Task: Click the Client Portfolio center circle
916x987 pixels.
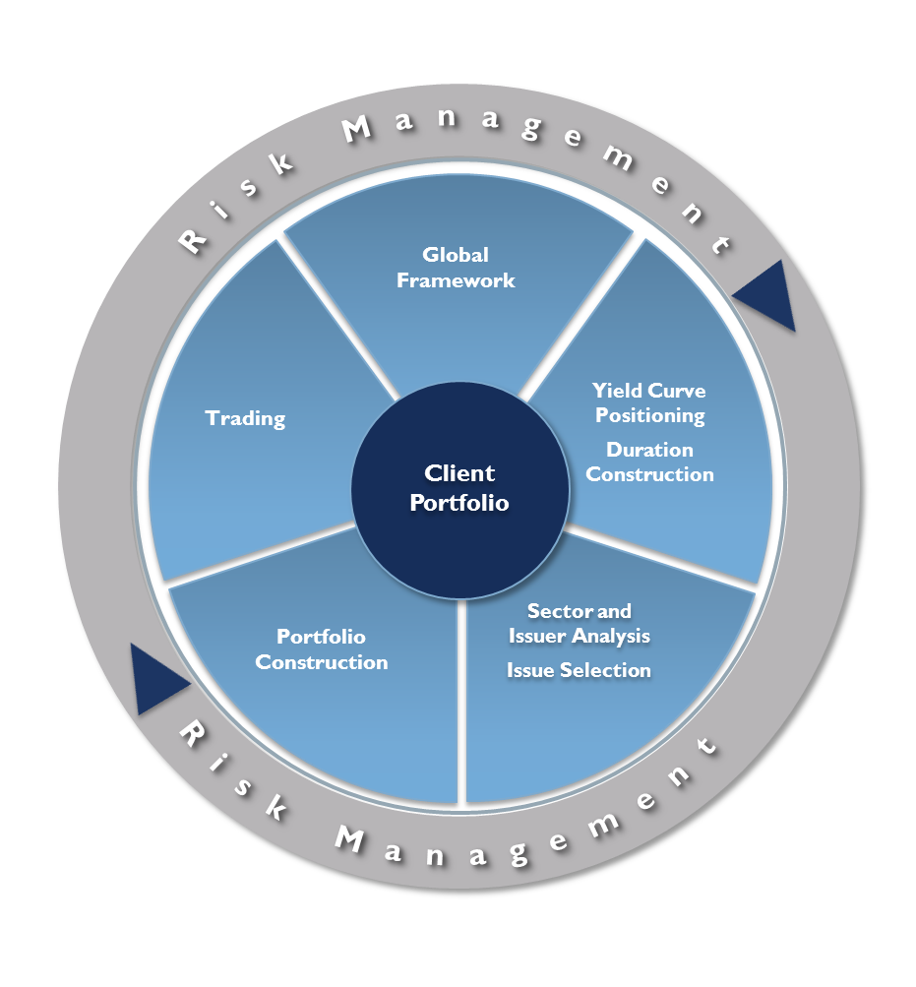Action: (459, 488)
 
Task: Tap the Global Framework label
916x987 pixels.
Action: (456, 268)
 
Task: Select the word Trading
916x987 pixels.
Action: (245, 418)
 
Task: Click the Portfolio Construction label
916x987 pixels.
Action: (322, 649)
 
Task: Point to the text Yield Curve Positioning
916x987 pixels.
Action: (649, 402)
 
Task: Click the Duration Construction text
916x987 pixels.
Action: (649, 462)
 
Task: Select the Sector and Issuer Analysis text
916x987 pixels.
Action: (580, 623)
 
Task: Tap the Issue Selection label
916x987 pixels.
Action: (579, 670)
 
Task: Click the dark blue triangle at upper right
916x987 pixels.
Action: (767, 297)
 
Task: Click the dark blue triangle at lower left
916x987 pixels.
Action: (156, 679)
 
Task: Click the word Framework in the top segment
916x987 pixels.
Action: (456, 280)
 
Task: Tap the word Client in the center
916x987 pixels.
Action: (459, 473)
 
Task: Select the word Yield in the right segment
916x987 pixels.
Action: (617, 391)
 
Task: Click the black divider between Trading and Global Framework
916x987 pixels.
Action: (339, 313)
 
